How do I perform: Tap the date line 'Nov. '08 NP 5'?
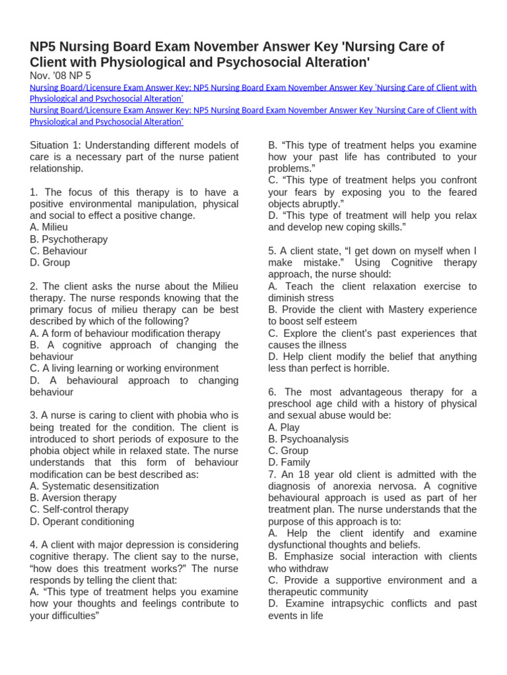[60, 76]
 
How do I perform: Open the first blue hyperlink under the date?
[253, 93]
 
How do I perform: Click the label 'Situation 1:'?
[55, 145]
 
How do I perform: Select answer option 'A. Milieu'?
[49, 227]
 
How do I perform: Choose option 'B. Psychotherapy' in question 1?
[69, 239]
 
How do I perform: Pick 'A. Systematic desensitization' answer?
[94, 486]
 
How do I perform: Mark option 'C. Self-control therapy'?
[79, 510]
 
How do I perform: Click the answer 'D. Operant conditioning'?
[82, 521]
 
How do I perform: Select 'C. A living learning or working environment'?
[124, 368]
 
